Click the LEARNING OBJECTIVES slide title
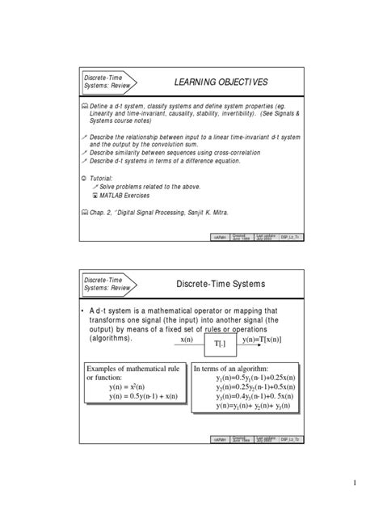(221, 83)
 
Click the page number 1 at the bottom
(354, 484)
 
